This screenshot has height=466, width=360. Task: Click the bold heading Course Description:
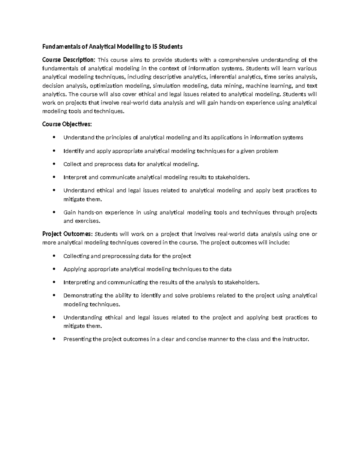click(69, 60)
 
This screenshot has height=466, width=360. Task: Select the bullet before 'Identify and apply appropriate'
click(54, 151)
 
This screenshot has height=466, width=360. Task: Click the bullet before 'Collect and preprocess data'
click(54, 164)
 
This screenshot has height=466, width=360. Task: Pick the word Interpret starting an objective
click(75, 177)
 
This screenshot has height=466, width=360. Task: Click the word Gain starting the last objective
click(69, 212)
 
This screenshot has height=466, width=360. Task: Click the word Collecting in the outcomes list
click(76, 256)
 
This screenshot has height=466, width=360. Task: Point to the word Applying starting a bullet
click(75, 269)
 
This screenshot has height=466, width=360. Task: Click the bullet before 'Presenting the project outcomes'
click(54, 339)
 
